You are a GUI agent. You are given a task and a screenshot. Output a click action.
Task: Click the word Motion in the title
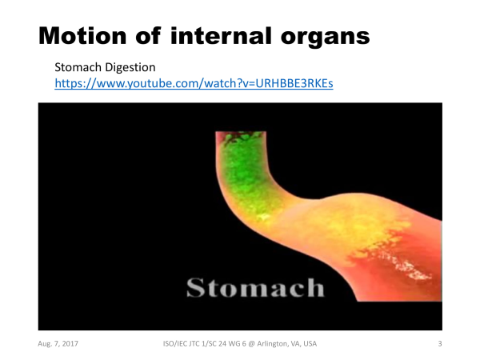point(82,36)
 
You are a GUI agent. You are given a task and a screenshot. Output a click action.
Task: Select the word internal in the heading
point(221,36)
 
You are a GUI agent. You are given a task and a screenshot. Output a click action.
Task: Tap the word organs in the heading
point(325,38)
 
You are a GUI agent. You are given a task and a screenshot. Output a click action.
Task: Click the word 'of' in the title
point(148,36)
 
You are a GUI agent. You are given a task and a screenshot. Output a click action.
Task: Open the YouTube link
point(194,83)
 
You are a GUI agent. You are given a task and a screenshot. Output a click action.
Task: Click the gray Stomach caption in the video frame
point(255,287)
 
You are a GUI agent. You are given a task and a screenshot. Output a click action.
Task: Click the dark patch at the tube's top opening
point(240,138)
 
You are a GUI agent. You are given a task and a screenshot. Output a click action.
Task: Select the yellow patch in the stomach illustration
point(362,233)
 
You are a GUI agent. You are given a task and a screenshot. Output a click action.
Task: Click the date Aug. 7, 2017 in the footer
point(58,344)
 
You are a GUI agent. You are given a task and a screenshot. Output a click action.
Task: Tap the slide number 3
point(440,344)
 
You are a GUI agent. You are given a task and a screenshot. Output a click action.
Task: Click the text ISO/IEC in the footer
point(174,344)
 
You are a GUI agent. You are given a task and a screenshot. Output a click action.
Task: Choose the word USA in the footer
point(310,344)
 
